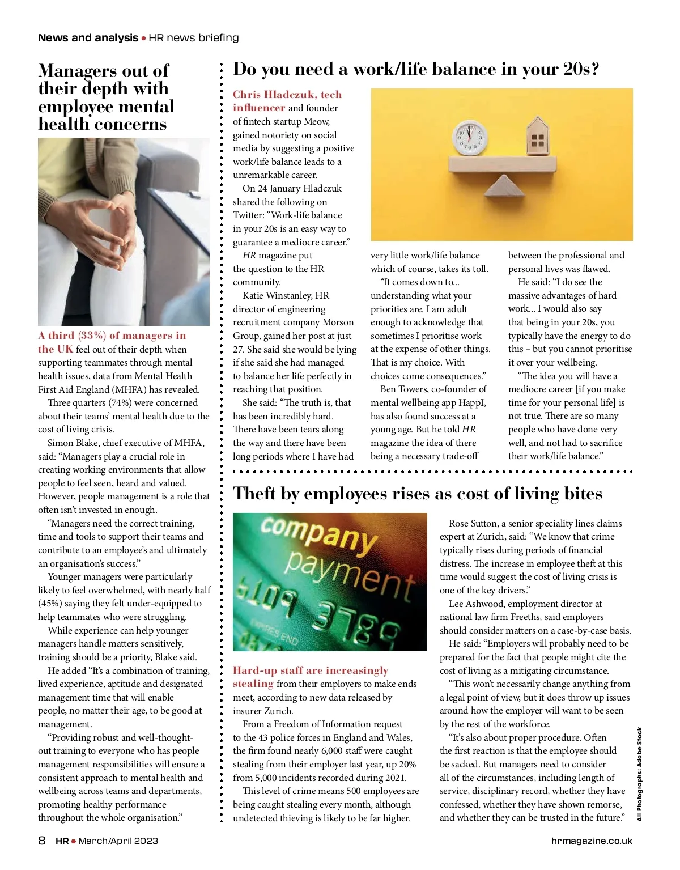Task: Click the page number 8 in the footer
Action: (x=42, y=841)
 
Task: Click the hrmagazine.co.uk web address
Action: (x=592, y=841)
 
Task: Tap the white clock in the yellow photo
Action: (x=470, y=138)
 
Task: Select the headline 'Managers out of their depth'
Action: (x=105, y=97)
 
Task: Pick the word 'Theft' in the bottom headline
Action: (x=254, y=494)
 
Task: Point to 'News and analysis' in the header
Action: (x=88, y=38)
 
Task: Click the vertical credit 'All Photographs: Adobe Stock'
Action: (x=639, y=774)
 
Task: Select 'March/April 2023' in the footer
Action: (x=118, y=841)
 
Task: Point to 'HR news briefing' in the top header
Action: (x=194, y=38)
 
